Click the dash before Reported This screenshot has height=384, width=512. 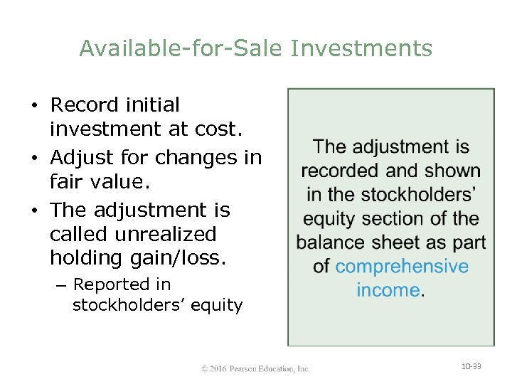[x=60, y=285]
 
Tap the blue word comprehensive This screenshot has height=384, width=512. [x=402, y=267]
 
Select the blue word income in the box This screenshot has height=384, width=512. [x=388, y=290]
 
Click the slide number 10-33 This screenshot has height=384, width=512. [x=471, y=366]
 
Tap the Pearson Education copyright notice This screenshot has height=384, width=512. [x=256, y=368]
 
